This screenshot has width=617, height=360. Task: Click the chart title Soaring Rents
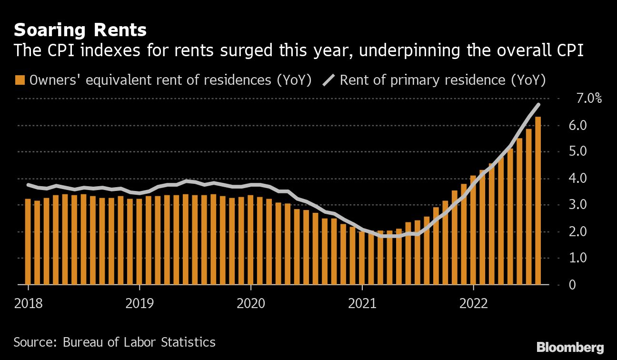pos(80,30)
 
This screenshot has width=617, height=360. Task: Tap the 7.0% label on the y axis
pos(589,99)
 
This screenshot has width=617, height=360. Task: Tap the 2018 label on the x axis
pos(28,303)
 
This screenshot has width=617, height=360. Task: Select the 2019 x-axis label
pos(139,303)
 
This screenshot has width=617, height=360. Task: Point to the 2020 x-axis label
pos(251,303)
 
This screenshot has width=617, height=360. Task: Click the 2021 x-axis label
pos(362,303)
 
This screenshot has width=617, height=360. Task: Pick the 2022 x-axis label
pos(474,303)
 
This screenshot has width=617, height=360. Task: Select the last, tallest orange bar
pos(538,200)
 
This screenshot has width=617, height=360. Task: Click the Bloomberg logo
pos(570,347)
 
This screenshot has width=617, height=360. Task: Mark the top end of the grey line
pos(538,105)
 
